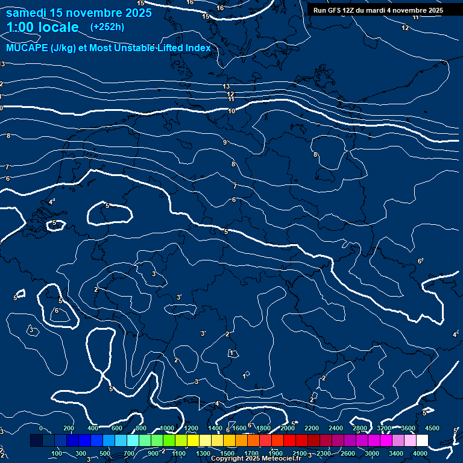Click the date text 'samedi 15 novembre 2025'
coord(79,13)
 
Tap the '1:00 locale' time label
coord(42,27)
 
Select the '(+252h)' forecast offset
coord(107,27)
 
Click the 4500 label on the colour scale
coord(432,428)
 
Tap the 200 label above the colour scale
coord(68,428)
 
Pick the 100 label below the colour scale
coord(57,453)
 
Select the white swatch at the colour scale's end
coord(422,441)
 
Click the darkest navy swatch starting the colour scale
coord(36,441)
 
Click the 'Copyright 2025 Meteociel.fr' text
coord(256,459)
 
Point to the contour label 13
coord(226,87)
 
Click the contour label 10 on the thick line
coord(231,111)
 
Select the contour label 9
coord(224,142)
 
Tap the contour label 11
coord(231,99)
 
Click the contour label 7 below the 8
coord(235,187)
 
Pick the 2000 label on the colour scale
coord(287,428)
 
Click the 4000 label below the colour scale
coord(420,453)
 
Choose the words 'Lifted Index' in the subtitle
coord(181,48)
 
